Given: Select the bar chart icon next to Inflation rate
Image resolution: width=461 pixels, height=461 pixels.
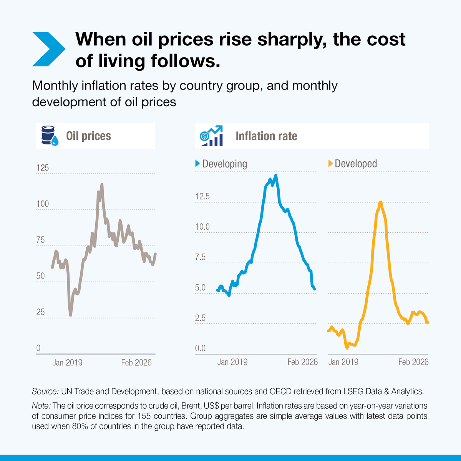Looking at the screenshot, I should coord(211,136).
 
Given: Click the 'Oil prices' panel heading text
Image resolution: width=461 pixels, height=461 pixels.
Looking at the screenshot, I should coord(88,136).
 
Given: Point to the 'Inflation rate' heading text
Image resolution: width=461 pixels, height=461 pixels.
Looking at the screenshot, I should coord(266,136).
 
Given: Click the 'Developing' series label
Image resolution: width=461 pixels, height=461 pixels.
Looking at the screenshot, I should coord(224,164).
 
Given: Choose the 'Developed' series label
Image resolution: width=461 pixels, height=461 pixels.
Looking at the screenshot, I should coord(356,164).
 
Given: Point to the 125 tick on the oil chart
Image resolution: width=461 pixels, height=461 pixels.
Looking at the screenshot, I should coord(43,168).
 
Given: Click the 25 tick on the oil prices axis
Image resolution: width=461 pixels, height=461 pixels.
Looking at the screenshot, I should coord(40,312).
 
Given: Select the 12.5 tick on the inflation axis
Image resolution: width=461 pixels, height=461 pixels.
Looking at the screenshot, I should coord(202,197).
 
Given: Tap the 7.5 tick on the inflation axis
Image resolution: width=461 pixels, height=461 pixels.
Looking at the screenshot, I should coord(201,257).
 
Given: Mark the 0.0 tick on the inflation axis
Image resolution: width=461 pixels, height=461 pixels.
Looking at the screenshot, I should coord(201,348).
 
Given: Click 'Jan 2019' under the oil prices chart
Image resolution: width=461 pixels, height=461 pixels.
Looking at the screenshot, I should coord(67,363).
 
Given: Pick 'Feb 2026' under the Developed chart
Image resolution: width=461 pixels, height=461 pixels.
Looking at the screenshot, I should coord(413,362).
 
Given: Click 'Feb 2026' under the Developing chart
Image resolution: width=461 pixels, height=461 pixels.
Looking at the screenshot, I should coord(303,362).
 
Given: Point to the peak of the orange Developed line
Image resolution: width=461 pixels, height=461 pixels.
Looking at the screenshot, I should coord(381,202).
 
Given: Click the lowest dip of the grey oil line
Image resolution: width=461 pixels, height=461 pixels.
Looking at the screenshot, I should coord(71,315).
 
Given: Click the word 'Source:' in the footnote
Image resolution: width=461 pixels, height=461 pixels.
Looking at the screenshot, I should coord(45,392).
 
